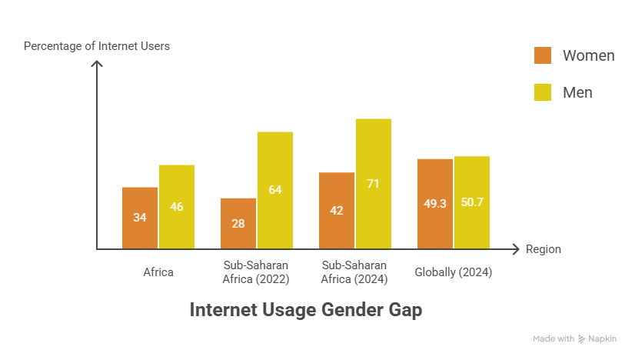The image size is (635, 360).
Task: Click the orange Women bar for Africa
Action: tap(140, 218)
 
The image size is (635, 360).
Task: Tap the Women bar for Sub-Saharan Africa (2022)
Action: tap(238, 223)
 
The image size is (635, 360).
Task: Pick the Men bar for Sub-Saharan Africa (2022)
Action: tap(275, 190)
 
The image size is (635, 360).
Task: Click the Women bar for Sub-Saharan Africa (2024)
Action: tap(337, 210)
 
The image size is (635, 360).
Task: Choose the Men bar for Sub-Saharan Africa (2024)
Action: tap(374, 184)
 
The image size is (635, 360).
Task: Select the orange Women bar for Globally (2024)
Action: tap(435, 204)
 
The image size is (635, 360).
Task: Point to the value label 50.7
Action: tap(472, 203)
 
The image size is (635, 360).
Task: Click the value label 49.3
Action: tap(435, 204)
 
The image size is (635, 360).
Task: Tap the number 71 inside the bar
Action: tap(374, 184)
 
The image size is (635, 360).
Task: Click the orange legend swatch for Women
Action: tap(543, 55)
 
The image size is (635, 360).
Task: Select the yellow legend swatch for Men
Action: tap(543, 92)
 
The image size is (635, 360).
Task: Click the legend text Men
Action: tap(577, 92)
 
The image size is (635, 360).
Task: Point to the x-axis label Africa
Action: tap(158, 272)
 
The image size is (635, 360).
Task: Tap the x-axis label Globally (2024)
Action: tap(454, 272)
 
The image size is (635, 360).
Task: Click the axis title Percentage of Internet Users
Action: tap(97, 46)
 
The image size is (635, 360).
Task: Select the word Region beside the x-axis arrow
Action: tap(544, 249)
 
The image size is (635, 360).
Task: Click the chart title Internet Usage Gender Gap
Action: tap(306, 311)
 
